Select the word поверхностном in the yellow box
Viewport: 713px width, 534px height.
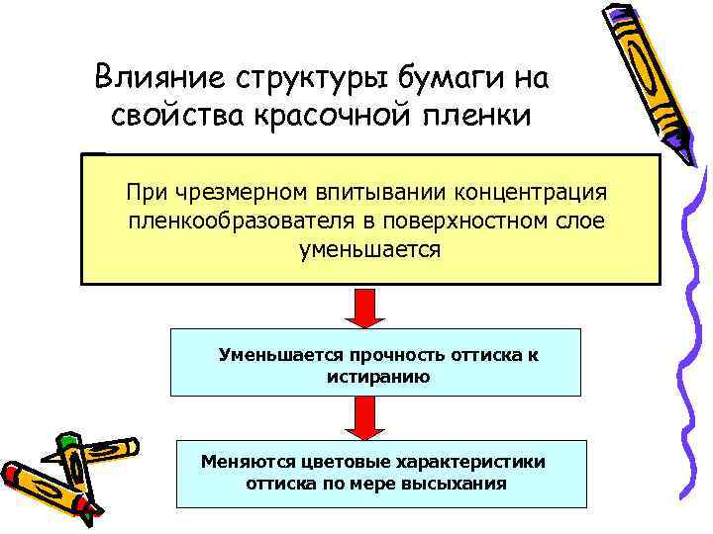pos(458,220)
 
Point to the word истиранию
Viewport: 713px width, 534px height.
pos(377,376)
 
